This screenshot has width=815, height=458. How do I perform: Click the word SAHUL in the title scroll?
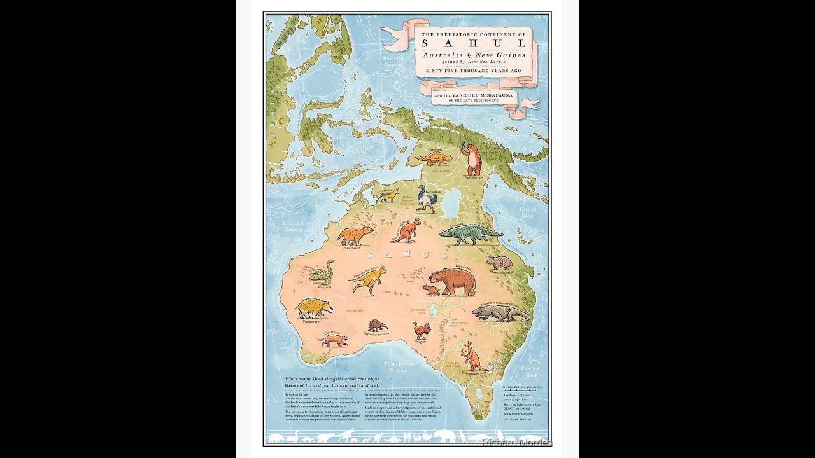474,43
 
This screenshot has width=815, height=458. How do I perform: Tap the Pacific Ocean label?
393,61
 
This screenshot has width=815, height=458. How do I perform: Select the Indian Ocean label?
294,226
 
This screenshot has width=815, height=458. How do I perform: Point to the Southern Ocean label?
399,366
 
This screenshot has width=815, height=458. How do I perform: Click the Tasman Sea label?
530,371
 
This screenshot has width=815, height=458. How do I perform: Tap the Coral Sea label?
528,212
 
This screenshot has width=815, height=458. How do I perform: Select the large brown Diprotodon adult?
454,282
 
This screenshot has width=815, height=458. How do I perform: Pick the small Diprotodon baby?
431,290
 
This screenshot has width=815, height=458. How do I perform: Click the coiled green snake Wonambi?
321,274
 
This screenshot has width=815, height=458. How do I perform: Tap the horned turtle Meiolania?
434,158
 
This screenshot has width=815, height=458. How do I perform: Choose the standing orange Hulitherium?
472,160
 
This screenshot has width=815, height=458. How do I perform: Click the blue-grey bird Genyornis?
425,199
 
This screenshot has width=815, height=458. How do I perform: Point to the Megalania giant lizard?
500,312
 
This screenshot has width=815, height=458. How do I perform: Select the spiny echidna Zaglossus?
377,326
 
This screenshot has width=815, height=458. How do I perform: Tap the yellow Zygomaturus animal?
313,308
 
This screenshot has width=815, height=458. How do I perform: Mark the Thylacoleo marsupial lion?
334,340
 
